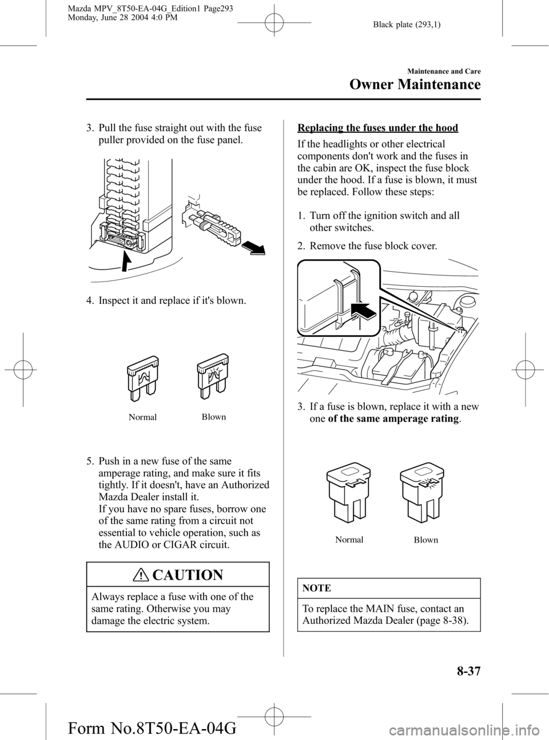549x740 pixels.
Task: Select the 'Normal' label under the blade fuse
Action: pos(142,417)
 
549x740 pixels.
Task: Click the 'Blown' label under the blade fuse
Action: pos(214,417)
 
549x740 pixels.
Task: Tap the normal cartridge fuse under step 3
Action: pos(348,497)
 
